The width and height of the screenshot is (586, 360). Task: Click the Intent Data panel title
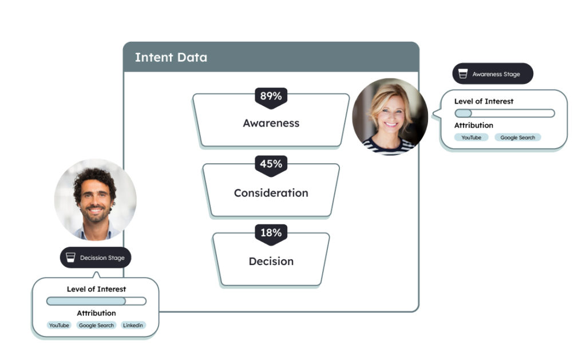(171, 57)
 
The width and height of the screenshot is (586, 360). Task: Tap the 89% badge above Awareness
(271, 96)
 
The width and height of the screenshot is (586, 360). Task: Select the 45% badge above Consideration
(271, 164)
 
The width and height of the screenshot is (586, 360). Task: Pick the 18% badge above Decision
(271, 232)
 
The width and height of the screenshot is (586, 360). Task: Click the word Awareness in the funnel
(271, 123)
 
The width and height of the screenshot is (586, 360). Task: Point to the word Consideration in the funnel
(271, 193)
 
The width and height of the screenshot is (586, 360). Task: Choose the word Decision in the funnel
(271, 261)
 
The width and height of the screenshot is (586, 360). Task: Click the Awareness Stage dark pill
(493, 74)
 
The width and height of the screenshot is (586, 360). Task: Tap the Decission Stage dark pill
(96, 258)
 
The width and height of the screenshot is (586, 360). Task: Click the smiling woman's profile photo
(390, 117)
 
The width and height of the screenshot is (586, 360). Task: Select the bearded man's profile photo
(96, 199)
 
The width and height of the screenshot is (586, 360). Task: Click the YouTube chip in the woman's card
(472, 137)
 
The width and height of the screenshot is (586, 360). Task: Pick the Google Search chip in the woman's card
(517, 137)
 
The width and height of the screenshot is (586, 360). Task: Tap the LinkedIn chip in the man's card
(133, 325)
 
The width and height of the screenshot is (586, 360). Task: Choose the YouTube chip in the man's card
(58, 325)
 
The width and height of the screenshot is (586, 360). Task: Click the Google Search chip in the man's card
(96, 325)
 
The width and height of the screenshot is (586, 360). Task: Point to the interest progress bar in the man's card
(96, 301)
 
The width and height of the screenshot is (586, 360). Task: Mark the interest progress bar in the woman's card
(504, 113)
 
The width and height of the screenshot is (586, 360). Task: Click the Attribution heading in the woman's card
(473, 125)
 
